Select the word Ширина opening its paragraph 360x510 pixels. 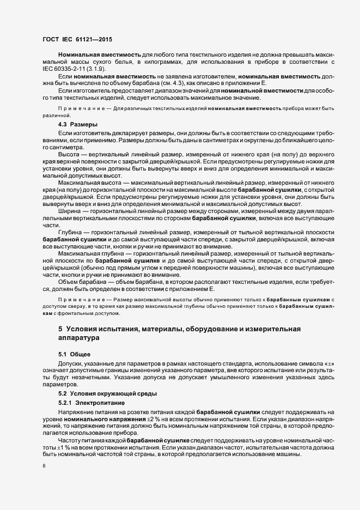(x=69, y=211)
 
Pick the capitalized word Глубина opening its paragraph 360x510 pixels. (x=70, y=232)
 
